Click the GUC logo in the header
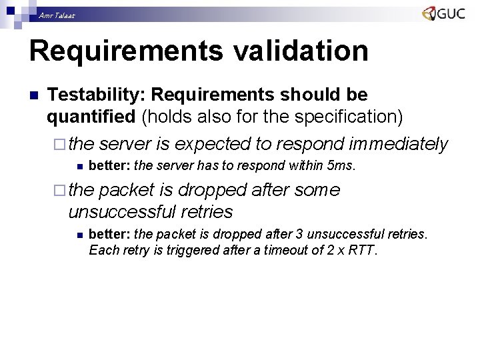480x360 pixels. coord(443,14)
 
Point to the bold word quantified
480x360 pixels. coord(91,117)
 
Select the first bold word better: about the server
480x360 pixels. coord(109,165)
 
